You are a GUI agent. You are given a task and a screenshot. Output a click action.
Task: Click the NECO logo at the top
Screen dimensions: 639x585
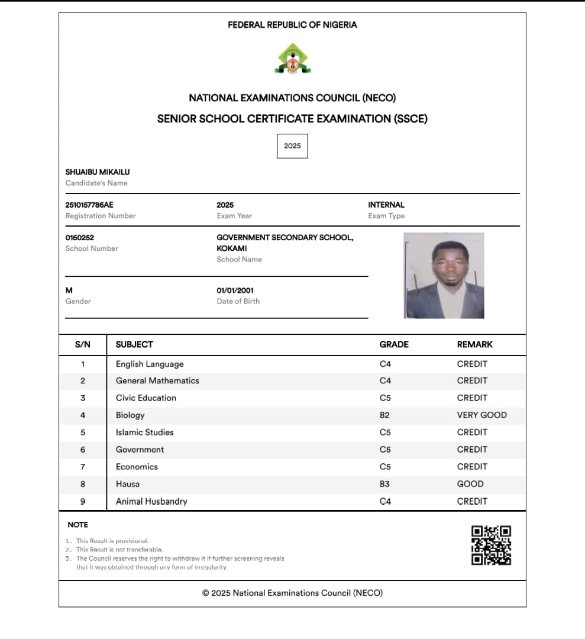click(292, 59)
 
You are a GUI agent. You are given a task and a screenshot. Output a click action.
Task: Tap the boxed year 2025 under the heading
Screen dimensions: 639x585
click(292, 146)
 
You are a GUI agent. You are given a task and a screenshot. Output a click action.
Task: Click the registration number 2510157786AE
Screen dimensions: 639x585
click(89, 205)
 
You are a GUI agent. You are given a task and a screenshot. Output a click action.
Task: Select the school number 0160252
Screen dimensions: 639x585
click(80, 237)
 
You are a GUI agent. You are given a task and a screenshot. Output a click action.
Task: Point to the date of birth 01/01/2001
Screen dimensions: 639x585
click(235, 291)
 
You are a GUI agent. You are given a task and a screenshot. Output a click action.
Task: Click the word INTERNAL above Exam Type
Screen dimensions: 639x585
click(386, 205)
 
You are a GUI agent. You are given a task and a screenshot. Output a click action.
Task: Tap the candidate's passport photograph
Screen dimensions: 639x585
click(444, 275)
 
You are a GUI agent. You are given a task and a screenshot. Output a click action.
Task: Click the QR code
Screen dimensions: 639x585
click(491, 545)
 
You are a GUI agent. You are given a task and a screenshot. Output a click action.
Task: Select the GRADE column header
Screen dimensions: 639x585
click(394, 344)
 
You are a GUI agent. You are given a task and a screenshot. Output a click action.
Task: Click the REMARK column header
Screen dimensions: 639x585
click(474, 344)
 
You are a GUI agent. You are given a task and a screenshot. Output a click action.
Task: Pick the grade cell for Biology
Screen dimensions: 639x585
click(384, 415)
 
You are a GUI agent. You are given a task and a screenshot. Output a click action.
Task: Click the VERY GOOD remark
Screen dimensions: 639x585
click(481, 415)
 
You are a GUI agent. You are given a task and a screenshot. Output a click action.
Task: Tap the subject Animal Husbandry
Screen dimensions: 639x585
click(151, 501)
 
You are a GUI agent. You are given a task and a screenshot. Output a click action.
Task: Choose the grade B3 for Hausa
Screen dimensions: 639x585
click(384, 484)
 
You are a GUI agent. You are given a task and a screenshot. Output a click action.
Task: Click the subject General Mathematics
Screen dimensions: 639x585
click(157, 380)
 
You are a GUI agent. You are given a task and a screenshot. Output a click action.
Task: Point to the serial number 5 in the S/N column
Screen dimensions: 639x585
click(83, 433)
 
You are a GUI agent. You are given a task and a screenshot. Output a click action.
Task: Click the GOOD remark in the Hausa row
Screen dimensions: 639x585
click(470, 484)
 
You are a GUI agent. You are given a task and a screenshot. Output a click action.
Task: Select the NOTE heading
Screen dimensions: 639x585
click(78, 525)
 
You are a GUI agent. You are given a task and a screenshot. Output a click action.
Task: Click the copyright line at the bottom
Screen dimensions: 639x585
click(292, 593)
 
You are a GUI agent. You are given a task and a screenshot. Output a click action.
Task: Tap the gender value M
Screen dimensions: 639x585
click(69, 291)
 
